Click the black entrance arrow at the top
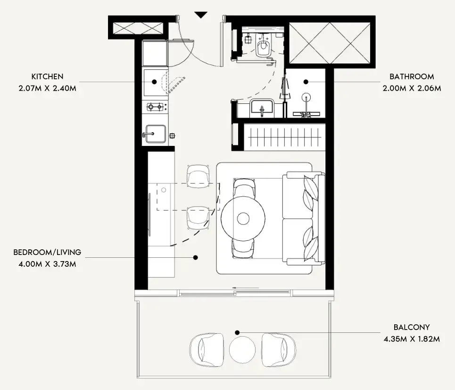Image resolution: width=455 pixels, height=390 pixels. tap(200, 15)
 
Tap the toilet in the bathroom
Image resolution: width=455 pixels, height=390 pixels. tap(263, 46)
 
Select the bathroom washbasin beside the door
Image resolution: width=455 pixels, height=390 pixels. tap(262, 108)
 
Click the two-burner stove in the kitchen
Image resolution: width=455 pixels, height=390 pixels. tap(155, 107)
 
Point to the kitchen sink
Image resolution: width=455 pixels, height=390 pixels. tap(156, 134)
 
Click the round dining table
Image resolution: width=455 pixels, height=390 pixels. tap(243, 219)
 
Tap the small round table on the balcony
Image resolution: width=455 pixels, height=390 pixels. tap(242, 349)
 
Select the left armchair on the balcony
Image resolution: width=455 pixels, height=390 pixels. tap(207, 349)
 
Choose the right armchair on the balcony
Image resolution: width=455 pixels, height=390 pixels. tap(279, 349)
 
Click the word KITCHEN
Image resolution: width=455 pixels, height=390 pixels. tap(47, 76)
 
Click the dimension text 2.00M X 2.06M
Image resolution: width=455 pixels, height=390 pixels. tap(412, 88)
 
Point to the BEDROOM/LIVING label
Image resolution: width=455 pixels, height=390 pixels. tap(47, 252)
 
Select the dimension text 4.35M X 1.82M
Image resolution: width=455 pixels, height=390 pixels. tap(412, 339)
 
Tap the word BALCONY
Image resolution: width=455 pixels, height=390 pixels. tap(412, 327)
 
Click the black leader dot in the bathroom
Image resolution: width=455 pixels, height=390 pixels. tap(306, 82)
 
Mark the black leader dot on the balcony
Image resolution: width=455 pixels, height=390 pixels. tap(237, 332)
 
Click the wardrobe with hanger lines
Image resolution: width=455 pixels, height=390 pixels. tap(284, 137)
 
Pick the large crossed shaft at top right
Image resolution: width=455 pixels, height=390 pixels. tap(330, 43)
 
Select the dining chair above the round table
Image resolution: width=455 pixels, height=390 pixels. tap(245, 188)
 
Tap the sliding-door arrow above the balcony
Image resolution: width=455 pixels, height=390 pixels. tap(245, 288)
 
